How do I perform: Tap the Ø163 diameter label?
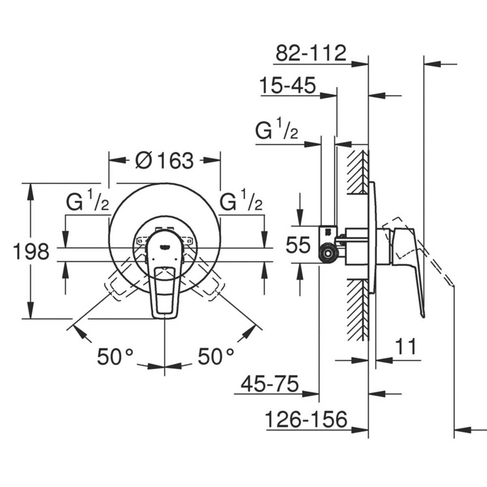pyautogui.click(x=164, y=161)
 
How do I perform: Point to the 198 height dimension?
pyautogui.click(x=31, y=252)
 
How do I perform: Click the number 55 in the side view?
pyautogui.click(x=298, y=246)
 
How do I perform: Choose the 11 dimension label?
pyautogui.click(x=406, y=347)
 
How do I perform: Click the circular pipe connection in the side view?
pyautogui.click(x=328, y=255)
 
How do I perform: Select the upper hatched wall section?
pyautogui.click(x=358, y=170)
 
